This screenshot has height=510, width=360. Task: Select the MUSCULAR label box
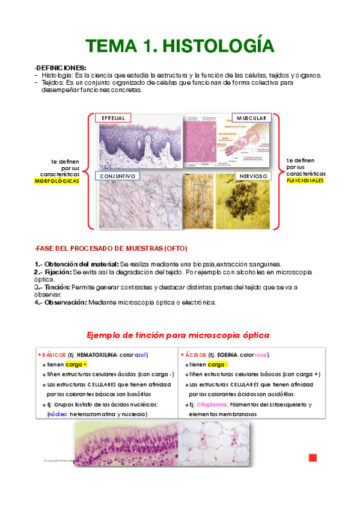click(251, 118)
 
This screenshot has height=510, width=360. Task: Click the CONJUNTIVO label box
click(117, 176)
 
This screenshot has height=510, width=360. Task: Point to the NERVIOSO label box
click(251, 176)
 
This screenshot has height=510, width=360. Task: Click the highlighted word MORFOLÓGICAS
click(57, 180)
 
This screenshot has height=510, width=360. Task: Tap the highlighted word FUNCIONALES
click(305, 180)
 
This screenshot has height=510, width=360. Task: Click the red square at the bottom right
click(313, 458)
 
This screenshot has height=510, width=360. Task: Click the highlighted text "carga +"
click(76, 364)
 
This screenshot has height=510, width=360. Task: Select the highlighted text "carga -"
click(218, 364)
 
